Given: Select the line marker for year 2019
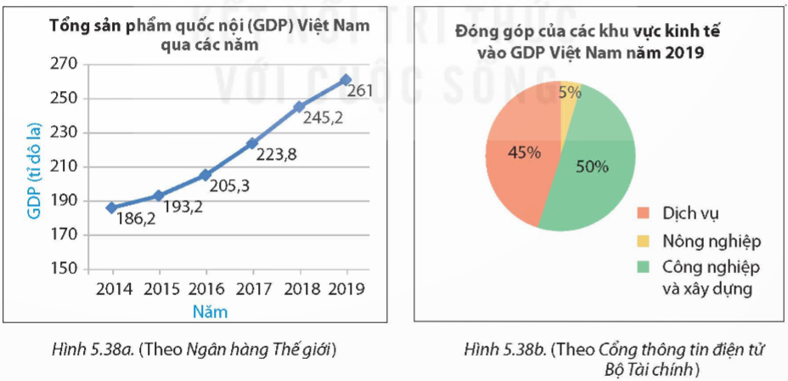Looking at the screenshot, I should (x=346, y=79).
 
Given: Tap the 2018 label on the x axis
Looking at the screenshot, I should (x=299, y=287).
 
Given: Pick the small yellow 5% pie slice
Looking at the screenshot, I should (x=568, y=94).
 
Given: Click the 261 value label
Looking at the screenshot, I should (x=361, y=89).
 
